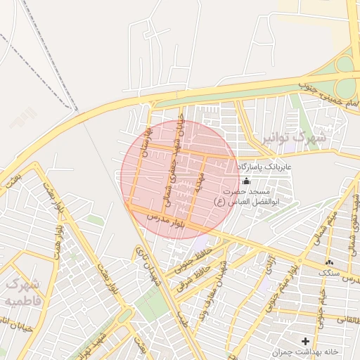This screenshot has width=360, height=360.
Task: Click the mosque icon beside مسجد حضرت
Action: pyautogui.click(x=245, y=181)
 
